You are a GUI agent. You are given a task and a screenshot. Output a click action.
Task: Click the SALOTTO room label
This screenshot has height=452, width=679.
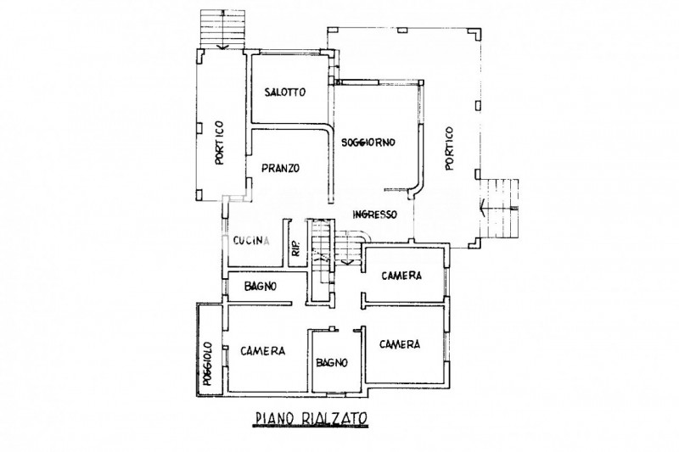pos(283,92)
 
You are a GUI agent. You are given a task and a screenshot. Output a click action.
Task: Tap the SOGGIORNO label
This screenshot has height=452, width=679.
pos(369,142)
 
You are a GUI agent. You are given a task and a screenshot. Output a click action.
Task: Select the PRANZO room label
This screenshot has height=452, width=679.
pos(280,168)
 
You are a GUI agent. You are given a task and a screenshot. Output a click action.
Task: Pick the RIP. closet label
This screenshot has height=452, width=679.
pos(295,246)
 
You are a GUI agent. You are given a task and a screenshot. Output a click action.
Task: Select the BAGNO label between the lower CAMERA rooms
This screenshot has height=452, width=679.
pos(332,362)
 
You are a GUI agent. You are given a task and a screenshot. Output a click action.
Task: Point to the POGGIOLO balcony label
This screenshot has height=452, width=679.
pos(206,362)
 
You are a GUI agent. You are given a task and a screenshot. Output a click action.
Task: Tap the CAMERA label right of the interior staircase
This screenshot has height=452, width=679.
pos(401,276)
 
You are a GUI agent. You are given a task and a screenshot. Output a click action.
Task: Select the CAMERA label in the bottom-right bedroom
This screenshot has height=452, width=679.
pos(401,344)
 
